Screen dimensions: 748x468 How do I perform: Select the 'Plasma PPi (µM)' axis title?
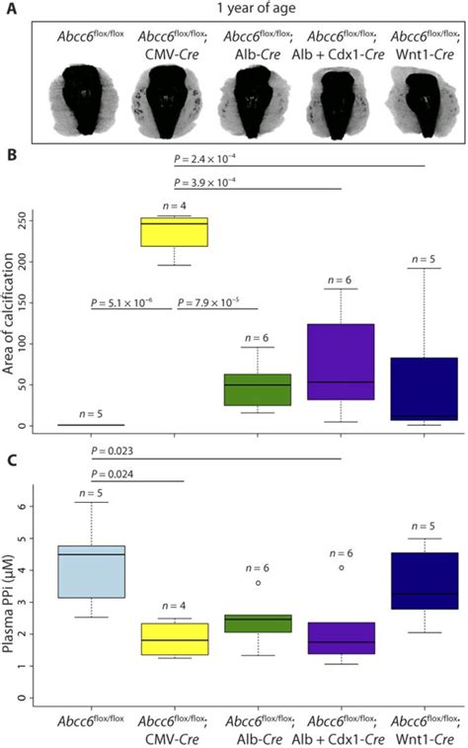tap(17, 598)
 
